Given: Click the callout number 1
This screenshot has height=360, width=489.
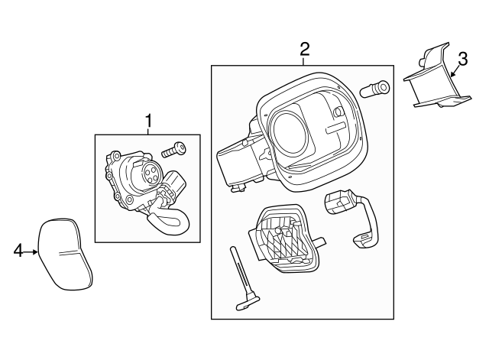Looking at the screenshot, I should click(148, 120).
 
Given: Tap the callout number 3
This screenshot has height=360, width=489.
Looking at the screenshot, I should click(462, 59).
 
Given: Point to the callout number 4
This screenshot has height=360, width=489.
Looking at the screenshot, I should click(18, 250).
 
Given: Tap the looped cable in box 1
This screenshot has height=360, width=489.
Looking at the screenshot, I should click(167, 222).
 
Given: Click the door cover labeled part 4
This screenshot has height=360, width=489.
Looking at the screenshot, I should click(66, 255).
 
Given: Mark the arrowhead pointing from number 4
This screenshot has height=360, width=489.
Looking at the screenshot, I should click(36, 250).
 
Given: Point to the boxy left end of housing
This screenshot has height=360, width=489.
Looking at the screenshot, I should click(235, 164).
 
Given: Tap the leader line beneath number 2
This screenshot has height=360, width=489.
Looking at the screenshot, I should click(304, 61).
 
